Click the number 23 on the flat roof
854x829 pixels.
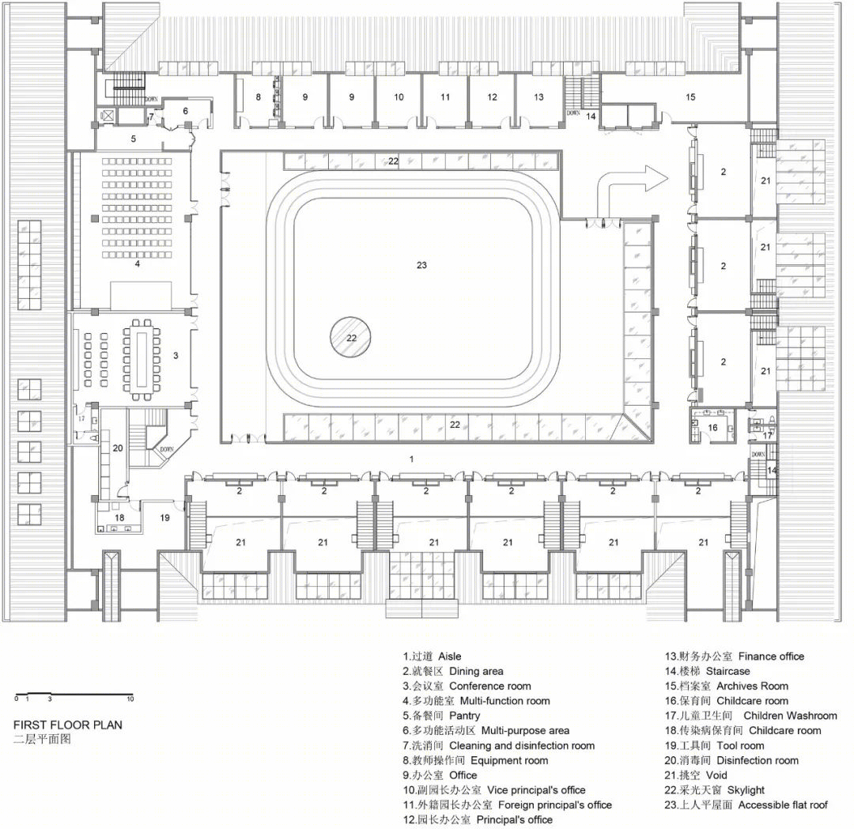[x=421, y=265]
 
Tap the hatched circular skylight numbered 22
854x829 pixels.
[x=351, y=337]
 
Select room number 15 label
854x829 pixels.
[x=690, y=97]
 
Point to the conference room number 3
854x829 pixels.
[x=176, y=356]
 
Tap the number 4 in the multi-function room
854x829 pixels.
[x=138, y=263]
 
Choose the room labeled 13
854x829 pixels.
[x=538, y=97]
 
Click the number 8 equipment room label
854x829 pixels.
[x=258, y=97]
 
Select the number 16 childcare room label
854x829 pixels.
[x=713, y=428]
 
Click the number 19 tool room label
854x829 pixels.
[x=164, y=517]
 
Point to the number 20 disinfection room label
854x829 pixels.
[x=118, y=449]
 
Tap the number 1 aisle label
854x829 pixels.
[x=412, y=459]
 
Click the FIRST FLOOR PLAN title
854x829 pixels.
[x=68, y=725]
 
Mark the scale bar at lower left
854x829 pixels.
[x=74, y=695]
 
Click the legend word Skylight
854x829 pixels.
[x=746, y=789]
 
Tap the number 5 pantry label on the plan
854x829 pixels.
[x=134, y=139]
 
